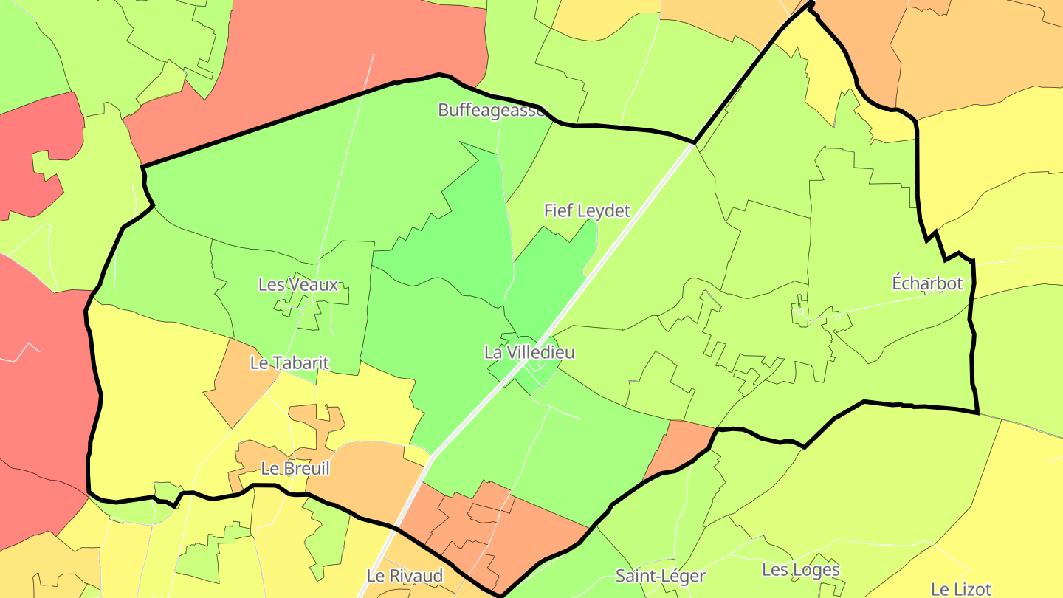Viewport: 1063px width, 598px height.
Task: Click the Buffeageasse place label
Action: [492, 111]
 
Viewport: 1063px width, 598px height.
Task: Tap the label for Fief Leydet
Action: [587, 211]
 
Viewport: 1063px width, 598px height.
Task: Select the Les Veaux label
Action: [298, 285]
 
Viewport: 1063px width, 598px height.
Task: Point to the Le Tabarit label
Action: [289, 363]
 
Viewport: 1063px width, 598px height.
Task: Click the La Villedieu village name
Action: [529, 353]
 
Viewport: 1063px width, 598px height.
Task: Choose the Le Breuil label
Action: [295, 469]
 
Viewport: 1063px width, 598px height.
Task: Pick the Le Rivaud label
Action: [405, 576]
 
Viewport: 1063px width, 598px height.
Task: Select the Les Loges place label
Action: [801, 570]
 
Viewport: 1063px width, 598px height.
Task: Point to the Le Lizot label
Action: [960, 589]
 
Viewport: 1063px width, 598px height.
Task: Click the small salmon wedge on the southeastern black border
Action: [675, 447]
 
